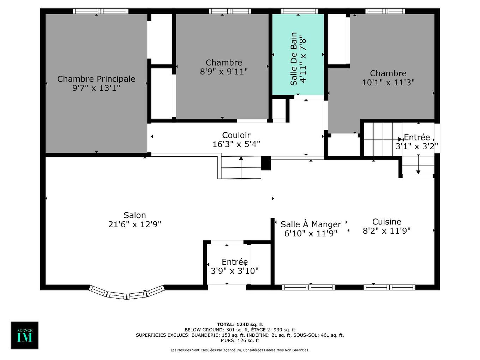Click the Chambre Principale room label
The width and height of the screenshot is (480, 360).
[x=96, y=79]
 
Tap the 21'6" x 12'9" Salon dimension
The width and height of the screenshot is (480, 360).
[x=134, y=224]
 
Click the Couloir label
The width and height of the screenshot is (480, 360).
[x=236, y=135]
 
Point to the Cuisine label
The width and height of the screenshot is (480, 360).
[x=386, y=222]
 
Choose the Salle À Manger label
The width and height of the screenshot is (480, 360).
[x=311, y=224]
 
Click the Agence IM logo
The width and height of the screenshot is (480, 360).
[x=24, y=335]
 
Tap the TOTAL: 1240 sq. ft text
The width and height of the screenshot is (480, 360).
[x=240, y=324]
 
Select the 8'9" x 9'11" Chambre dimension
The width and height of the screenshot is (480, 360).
[x=224, y=72]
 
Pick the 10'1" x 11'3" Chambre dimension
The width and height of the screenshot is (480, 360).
[x=388, y=83]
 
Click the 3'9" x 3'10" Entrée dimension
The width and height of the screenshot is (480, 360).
[x=234, y=271]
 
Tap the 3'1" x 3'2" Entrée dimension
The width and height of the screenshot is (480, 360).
[x=416, y=146]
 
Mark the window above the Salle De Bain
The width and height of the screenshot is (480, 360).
[x=299, y=11]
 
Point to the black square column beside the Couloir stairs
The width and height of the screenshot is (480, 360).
[x=265, y=163]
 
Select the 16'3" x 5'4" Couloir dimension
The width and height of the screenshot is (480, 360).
[x=236, y=144]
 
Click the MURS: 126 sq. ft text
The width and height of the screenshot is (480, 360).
[x=240, y=341]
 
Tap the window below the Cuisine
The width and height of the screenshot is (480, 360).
[x=389, y=287]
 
